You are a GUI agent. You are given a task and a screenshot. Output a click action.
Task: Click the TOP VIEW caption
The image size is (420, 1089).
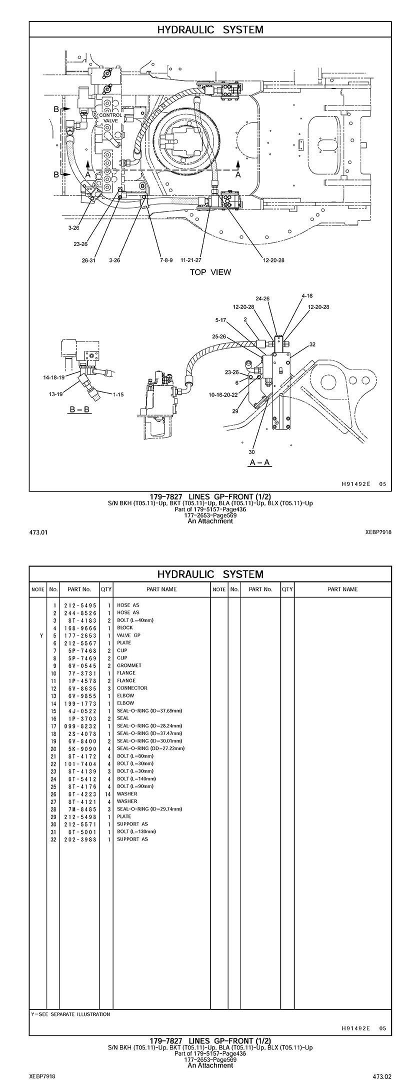210,272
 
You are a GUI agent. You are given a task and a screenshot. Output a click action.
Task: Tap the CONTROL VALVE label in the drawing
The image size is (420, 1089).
110,118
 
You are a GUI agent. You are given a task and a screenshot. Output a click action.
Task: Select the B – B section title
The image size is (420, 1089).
80,410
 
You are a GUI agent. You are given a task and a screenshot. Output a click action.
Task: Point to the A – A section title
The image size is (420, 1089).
260,462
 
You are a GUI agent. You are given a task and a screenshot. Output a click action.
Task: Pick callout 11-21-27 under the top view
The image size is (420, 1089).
191,260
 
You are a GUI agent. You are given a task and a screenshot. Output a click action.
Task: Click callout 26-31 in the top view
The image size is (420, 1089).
88,260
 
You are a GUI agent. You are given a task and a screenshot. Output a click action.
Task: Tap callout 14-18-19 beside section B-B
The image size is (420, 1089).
53,377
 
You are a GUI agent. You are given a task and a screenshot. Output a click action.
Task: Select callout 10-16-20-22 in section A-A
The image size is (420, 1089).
223,394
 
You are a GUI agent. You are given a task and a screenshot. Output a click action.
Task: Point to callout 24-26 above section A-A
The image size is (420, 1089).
262,298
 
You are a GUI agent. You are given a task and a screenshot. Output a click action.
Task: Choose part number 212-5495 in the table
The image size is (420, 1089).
80,605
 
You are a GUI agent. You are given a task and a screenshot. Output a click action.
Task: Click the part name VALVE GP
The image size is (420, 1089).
128,635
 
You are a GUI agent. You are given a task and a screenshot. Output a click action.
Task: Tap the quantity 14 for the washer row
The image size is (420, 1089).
107,793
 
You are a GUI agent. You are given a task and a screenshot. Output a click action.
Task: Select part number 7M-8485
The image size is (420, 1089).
80,808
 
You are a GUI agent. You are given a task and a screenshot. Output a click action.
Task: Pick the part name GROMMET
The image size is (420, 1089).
129,665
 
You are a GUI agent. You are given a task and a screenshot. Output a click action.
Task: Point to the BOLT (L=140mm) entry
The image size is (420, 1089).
136,778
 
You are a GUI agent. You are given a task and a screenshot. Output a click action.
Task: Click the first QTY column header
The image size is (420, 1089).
106,589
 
